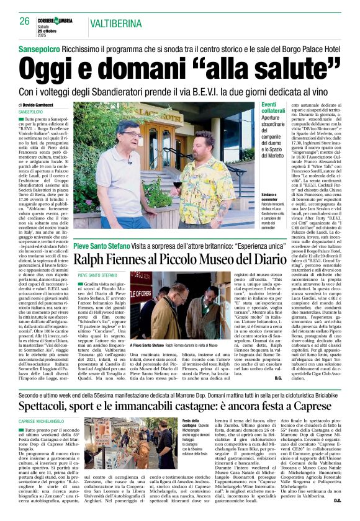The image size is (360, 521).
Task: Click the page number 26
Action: coord(24,20)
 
